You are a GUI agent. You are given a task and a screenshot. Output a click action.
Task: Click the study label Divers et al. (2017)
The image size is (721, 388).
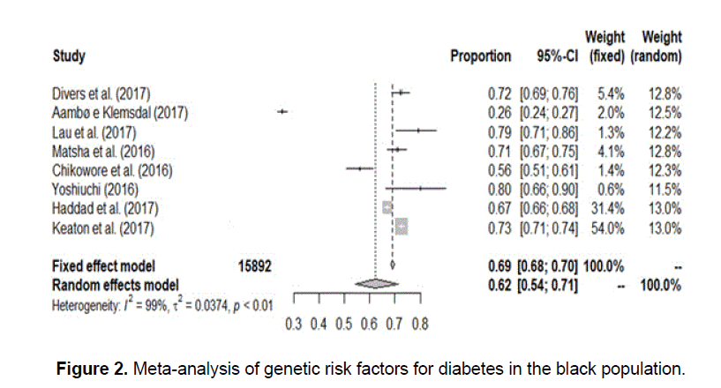click(x=101, y=93)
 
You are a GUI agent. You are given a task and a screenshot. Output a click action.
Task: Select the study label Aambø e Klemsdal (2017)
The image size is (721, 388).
click(x=120, y=112)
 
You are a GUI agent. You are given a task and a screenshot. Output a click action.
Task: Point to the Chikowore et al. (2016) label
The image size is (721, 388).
click(x=111, y=169)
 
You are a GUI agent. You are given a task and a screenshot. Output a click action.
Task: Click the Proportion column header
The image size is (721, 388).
click(x=480, y=56)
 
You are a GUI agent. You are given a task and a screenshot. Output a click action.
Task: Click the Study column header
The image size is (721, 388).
click(x=69, y=56)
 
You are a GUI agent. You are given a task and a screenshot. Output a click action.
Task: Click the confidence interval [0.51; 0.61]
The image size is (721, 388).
click(x=548, y=169)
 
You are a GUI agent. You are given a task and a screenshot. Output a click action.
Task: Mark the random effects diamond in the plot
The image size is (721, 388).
click(x=376, y=283)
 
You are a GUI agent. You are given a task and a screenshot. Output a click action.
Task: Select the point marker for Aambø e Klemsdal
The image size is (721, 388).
click(x=282, y=111)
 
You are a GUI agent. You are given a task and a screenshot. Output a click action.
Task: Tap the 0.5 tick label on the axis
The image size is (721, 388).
click(x=344, y=324)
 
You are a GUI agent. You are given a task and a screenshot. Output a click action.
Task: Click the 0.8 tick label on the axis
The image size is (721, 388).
click(x=420, y=324)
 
